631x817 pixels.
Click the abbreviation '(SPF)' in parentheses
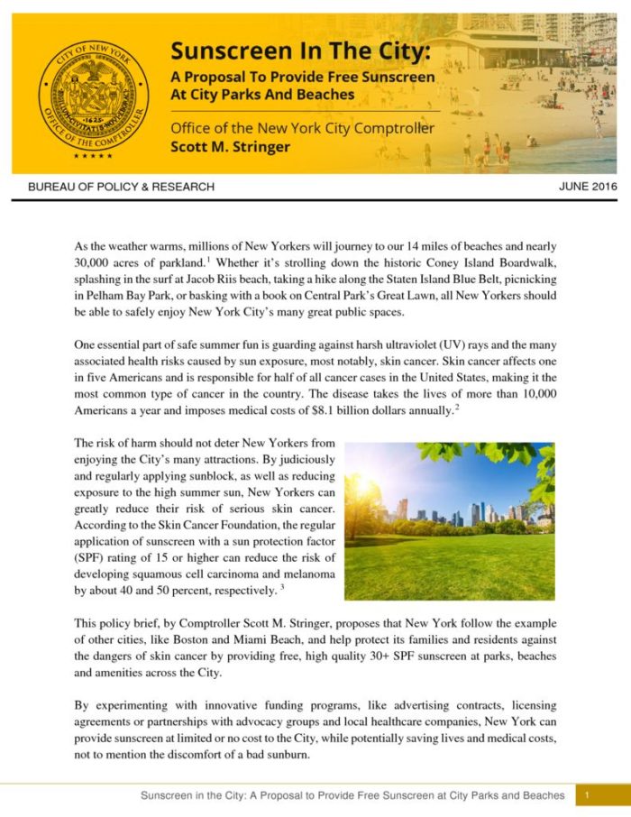click(89, 556)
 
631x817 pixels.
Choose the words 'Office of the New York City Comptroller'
click(302, 128)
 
